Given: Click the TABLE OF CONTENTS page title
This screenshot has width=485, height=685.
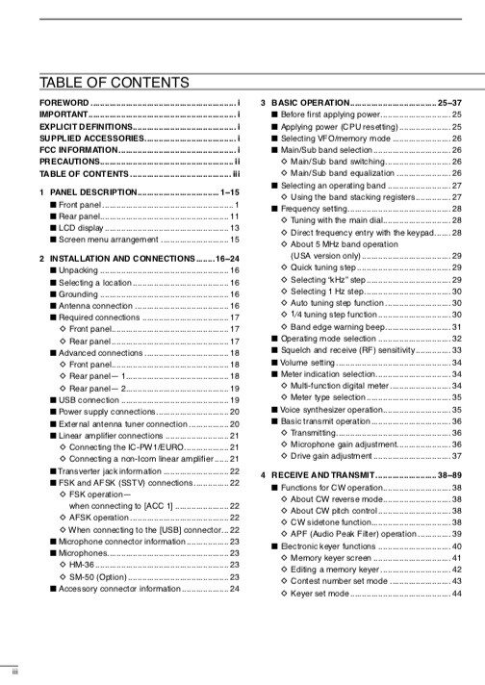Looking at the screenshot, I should [115, 82].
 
